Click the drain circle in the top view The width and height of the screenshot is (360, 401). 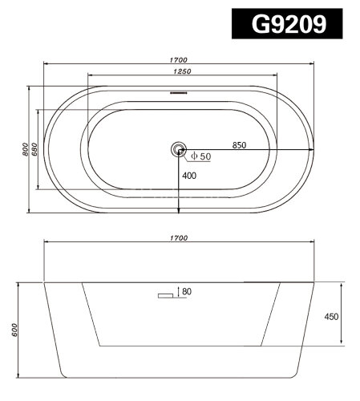[x=178, y=149]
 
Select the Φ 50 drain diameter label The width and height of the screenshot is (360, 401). [x=200, y=156]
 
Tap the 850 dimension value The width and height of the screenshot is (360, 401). [x=238, y=145]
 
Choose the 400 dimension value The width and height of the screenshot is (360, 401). [x=189, y=176]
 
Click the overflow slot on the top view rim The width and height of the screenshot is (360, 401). [x=178, y=94]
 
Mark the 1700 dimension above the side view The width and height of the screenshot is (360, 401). [x=178, y=238]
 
